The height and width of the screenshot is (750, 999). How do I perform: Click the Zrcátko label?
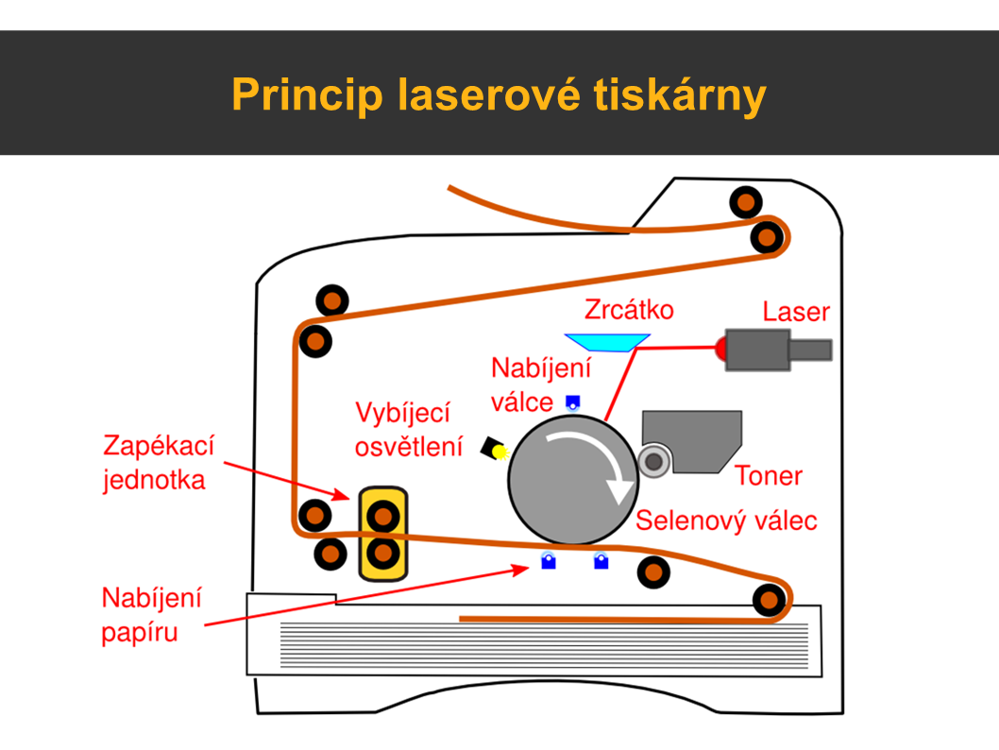(x=629, y=310)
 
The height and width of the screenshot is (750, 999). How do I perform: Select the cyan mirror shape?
(x=605, y=341)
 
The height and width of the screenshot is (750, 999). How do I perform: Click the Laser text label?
(x=796, y=312)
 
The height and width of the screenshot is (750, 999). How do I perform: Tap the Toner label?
(x=768, y=475)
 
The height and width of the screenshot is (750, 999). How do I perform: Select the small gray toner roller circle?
(x=653, y=461)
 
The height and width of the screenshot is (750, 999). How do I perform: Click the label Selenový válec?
(x=725, y=520)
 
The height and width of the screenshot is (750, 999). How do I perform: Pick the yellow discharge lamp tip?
(x=500, y=452)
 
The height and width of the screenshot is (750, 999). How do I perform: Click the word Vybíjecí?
(x=403, y=414)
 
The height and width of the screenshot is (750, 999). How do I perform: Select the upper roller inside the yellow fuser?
(x=382, y=516)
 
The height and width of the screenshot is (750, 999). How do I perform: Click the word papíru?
(x=140, y=631)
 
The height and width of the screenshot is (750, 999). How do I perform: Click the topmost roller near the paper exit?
(x=746, y=202)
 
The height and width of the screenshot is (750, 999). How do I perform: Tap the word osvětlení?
(x=409, y=447)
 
